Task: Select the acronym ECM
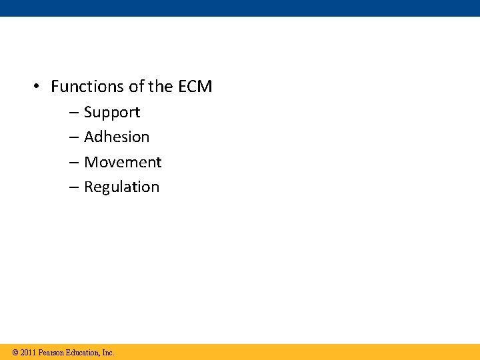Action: coord(195,87)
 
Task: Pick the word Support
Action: coord(112,113)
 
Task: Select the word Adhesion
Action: coord(117,137)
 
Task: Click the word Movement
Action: coord(123,163)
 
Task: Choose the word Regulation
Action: coord(121,187)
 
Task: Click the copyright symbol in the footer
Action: coord(15,353)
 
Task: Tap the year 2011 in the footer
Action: coord(28,353)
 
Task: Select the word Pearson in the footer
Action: coord(52,353)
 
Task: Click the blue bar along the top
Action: coord(240,8)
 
